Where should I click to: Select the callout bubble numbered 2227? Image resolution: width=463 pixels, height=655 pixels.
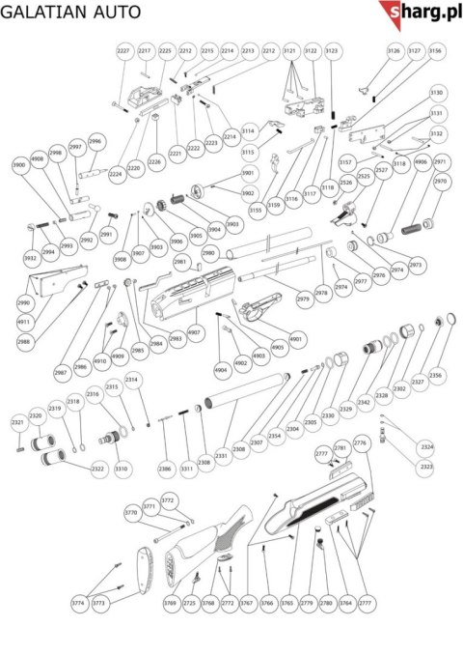coord(123,49)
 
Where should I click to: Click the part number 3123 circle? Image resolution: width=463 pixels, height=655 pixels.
coord(332,49)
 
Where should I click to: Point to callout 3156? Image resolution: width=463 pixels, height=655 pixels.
coord(436,49)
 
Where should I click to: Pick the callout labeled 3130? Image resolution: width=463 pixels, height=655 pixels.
coord(437,93)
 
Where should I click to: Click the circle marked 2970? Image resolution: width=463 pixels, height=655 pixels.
coord(441,182)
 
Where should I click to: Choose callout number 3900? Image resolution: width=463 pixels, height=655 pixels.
coord(19,165)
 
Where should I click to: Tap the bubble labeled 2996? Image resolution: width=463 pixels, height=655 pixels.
coord(95,141)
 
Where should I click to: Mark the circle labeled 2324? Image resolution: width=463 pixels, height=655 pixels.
coord(427,446)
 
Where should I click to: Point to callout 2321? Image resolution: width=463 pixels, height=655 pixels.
coord(17,423)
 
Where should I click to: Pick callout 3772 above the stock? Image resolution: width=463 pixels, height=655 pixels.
coord(167,500)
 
